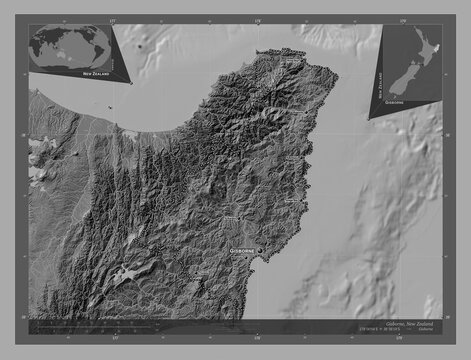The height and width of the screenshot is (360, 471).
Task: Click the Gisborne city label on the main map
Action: pyautogui.click(x=243, y=249)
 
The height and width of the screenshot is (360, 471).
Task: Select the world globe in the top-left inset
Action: pyautogui.click(x=68, y=48)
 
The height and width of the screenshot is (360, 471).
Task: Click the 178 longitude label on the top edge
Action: pyautogui.click(x=259, y=19)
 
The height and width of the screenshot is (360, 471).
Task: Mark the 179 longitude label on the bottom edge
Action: pyautogui.click(x=401, y=341)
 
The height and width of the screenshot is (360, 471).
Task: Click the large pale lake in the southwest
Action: pyautogui.click(x=127, y=275)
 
